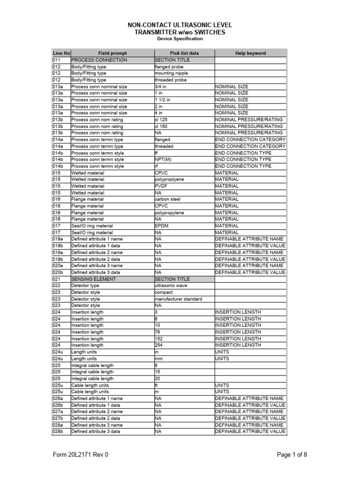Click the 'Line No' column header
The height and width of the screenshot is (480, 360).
[x=61, y=53]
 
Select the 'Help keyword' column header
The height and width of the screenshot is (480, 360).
[x=250, y=53]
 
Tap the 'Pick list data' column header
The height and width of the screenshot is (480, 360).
[x=184, y=53]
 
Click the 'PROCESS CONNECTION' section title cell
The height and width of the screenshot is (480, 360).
[x=99, y=60]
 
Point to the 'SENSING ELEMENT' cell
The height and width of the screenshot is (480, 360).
[x=93, y=279]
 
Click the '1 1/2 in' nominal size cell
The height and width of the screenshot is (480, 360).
[x=163, y=100]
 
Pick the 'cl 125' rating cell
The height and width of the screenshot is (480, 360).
[x=161, y=120]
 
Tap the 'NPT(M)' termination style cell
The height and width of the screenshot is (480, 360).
[x=163, y=159]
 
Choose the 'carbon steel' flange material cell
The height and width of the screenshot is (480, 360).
[x=168, y=199]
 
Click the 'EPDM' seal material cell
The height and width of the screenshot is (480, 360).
[x=161, y=226]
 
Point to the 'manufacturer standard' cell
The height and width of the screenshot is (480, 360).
[x=178, y=299]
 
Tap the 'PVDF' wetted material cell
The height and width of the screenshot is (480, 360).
[x=161, y=186]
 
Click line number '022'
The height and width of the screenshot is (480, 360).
[x=56, y=285]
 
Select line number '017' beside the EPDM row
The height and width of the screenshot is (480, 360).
[x=56, y=226]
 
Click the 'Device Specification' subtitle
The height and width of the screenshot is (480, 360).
[x=180, y=39]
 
